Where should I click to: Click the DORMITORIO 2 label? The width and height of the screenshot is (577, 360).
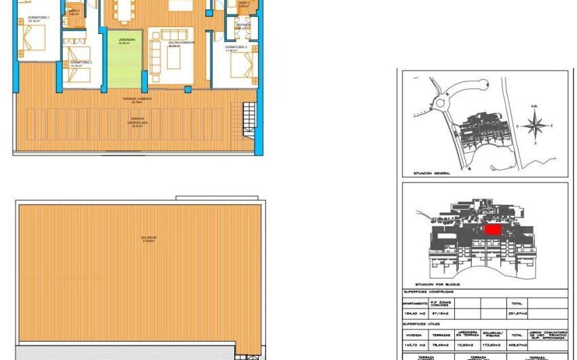pos(81,62)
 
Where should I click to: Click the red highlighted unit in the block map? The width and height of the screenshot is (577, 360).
pos(493,230)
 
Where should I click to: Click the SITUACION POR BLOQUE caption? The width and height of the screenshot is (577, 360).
pos(437,284)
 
